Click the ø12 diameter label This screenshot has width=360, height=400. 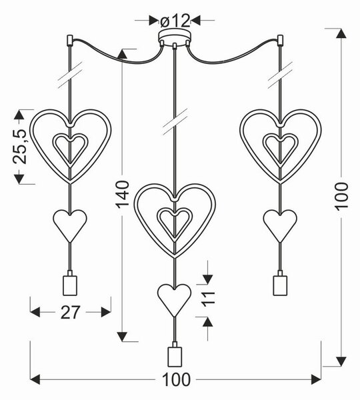point(175,21)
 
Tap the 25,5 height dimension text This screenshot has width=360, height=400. point(20,146)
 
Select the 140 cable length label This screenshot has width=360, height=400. point(123,195)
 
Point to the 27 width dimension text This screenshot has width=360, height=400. point(71,312)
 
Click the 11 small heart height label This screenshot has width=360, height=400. point(208,299)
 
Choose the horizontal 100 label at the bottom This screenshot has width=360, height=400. point(176,379)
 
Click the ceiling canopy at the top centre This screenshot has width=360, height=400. point(174,38)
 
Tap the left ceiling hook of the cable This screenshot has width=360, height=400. point(69,40)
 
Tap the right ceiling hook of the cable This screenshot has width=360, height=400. point(280,40)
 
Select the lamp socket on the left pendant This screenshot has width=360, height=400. point(70,283)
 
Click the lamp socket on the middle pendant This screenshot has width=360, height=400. point(175,355)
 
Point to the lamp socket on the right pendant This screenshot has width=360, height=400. point(280,283)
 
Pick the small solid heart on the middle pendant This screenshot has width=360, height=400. point(174,301)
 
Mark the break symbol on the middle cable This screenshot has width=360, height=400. point(175,122)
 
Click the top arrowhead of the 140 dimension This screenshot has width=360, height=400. point(122,54)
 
